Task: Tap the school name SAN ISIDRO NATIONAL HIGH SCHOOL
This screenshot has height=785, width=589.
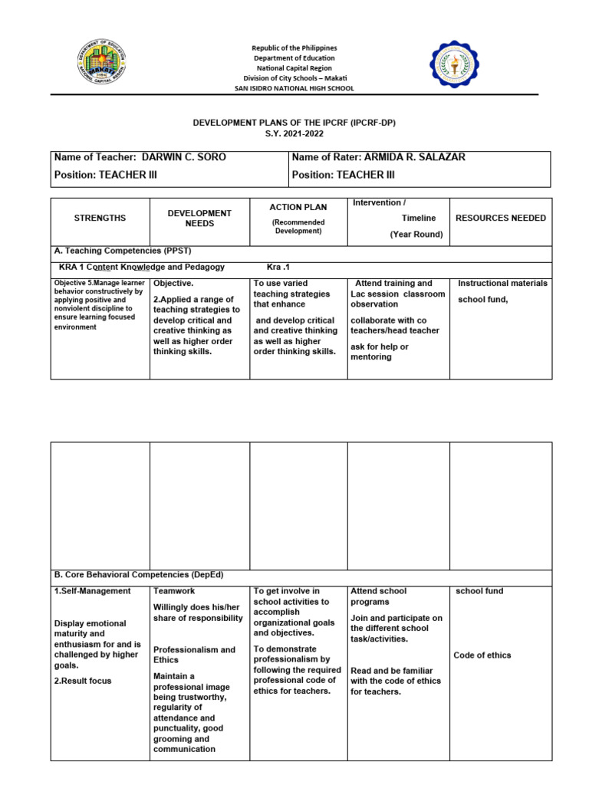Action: pyautogui.click(x=294, y=88)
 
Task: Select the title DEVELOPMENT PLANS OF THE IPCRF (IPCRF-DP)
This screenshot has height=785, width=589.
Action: pyautogui.click(x=294, y=122)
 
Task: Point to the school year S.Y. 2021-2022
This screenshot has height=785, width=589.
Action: pyautogui.click(x=294, y=133)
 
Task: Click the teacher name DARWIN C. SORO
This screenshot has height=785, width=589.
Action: pyautogui.click(x=184, y=157)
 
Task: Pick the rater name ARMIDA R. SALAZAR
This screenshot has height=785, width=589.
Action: pyautogui.click(x=414, y=157)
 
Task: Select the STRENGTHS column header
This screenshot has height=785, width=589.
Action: pyautogui.click(x=100, y=218)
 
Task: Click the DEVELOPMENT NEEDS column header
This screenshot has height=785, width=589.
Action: pyautogui.click(x=199, y=218)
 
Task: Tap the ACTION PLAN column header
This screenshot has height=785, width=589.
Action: pyautogui.click(x=298, y=207)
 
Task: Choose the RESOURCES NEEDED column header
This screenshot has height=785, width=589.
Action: pyautogui.click(x=501, y=218)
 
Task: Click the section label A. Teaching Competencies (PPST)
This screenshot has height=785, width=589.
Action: pyautogui.click(x=122, y=251)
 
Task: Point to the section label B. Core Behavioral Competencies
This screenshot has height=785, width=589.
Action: pyautogui.click(x=138, y=574)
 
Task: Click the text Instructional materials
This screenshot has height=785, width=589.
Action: pyautogui.click(x=502, y=283)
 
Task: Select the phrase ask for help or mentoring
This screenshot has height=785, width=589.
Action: pyautogui.click(x=380, y=352)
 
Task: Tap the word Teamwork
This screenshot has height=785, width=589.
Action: pyautogui.click(x=174, y=591)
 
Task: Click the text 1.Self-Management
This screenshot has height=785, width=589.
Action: pyautogui.click(x=92, y=591)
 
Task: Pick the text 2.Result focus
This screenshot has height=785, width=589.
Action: pyautogui.click(x=83, y=681)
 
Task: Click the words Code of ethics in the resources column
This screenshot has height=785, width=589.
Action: pyautogui.click(x=482, y=655)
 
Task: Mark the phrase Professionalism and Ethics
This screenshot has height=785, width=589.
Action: pyautogui.click(x=194, y=655)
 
